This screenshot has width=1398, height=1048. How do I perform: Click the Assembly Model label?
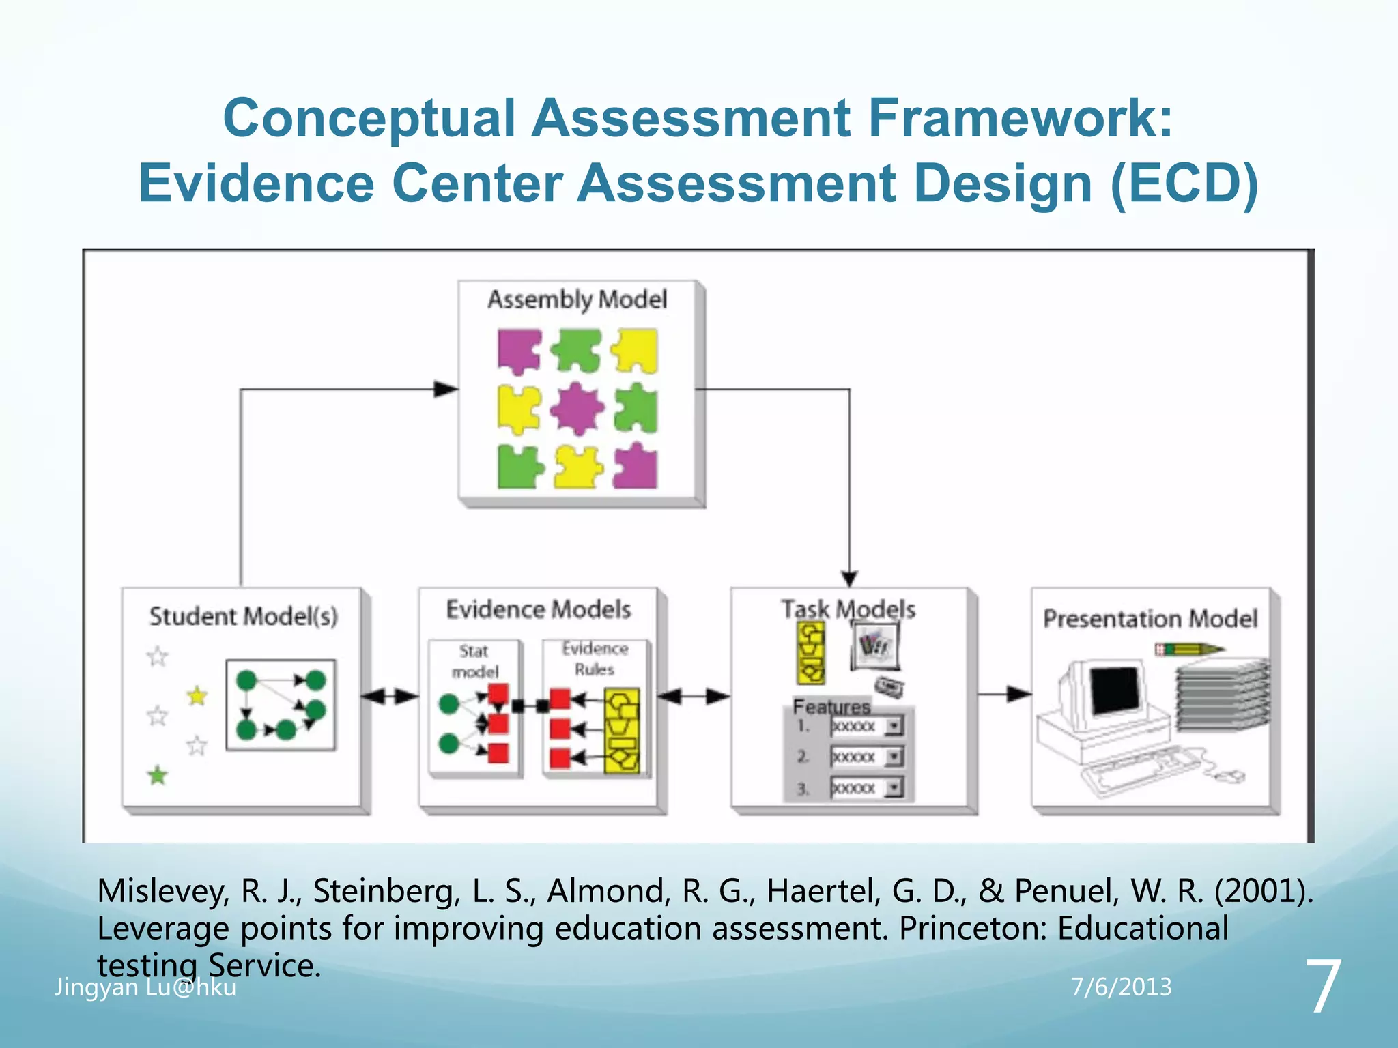point(577,300)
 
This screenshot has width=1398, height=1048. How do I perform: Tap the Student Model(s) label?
point(243,616)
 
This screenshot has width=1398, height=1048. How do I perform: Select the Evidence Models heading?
point(538,609)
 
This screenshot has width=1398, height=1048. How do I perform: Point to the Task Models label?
point(848,609)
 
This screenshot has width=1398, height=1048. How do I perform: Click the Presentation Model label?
point(1150,619)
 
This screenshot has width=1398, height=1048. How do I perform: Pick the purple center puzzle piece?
point(577,409)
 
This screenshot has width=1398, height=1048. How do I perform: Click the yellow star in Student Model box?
point(197,696)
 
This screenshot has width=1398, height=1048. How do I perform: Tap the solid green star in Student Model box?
point(158,775)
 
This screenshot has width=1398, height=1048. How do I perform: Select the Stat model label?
point(475,661)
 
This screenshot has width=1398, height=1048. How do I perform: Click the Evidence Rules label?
point(595,658)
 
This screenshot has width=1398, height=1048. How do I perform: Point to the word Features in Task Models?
point(831,706)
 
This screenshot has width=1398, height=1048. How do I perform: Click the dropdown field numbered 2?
point(866,757)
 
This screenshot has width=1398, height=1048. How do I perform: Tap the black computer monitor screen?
point(1115,689)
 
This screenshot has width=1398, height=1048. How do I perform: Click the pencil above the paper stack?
point(1190,649)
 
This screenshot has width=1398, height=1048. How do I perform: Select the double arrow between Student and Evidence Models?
point(389,697)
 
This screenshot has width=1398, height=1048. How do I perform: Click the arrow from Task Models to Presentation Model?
point(1004,694)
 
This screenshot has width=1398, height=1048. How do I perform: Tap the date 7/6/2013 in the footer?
point(1121,987)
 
